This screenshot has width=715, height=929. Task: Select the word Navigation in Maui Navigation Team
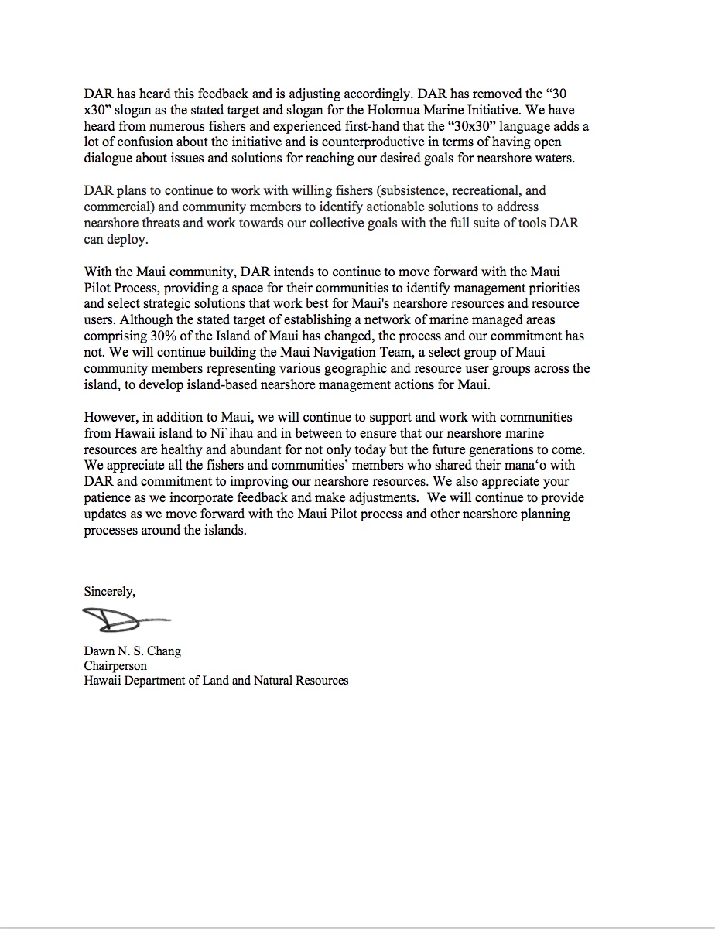337,352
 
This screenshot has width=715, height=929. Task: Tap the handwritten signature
124,620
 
